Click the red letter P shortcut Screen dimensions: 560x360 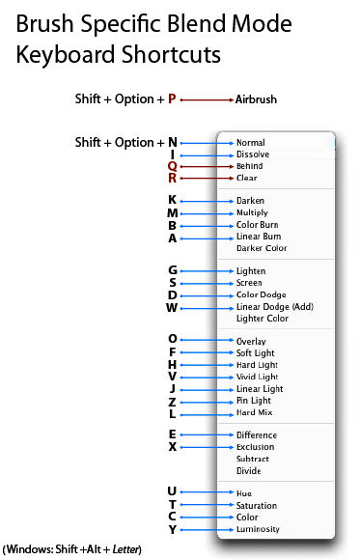(x=172, y=99)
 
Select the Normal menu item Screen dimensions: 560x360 (x=251, y=143)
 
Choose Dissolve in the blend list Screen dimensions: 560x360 (x=253, y=154)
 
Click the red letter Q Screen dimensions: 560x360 (x=172, y=166)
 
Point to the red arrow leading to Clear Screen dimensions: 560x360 (x=206, y=178)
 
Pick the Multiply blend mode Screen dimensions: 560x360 (x=253, y=212)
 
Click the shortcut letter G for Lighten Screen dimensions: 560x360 (x=172, y=271)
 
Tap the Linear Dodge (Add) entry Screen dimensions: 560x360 (x=275, y=307)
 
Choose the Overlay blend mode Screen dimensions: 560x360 (x=252, y=341)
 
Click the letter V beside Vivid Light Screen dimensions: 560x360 (x=172, y=377)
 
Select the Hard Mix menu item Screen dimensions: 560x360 (x=254, y=412)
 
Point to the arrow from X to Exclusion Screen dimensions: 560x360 (x=206, y=447)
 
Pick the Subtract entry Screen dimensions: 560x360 (x=254, y=460)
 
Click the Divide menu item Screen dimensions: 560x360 (x=249, y=471)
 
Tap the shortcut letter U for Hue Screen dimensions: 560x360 (x=172, y=493)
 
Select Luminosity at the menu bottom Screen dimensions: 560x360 (x=258, y=529)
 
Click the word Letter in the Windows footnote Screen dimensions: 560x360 (x=127, y=550)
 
